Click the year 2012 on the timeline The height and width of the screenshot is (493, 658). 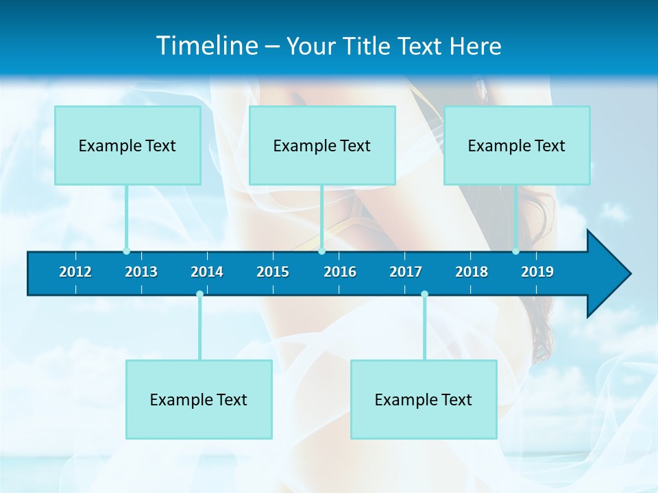[75, 272]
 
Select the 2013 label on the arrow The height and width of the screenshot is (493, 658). [141, 272]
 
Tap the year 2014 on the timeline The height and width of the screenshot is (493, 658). [207, 272]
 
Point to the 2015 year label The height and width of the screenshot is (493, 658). [273, 272]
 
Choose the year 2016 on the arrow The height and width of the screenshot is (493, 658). [340, 272]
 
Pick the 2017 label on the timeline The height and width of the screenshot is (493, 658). [406, 272]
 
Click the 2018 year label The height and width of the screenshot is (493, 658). [472, 272]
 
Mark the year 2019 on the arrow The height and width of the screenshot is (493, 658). [537, 272]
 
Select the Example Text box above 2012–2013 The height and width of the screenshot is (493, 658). [127, 145]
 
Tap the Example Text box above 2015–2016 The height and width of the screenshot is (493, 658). [322, 145]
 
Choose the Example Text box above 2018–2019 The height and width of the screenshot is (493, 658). [517, 145]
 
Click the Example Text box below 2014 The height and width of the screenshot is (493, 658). [199, 399]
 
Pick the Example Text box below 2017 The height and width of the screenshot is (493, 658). [424, 399]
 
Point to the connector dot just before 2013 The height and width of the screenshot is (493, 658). [126, 251]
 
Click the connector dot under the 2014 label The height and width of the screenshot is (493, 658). [199, 294]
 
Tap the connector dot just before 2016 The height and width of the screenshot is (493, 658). [321, 251]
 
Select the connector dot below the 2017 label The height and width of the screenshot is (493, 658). [424, 294]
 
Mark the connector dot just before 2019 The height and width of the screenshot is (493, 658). [515, 251]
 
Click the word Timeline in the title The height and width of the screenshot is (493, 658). [206, 45]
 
